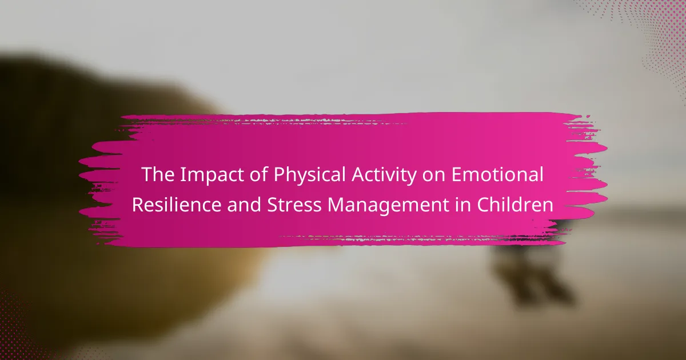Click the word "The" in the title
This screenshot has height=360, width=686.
(x=158, y=174)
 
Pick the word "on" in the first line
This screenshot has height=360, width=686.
(x=434, y=177)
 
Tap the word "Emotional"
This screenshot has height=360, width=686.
(x=497, y=174)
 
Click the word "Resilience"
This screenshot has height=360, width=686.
(x=177, y=205)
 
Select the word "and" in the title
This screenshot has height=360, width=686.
(x=244, y=205)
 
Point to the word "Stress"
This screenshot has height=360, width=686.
(x=294, y=205)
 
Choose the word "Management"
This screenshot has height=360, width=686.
(x=388, y=206)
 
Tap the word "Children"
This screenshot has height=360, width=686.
(x=515, y=205)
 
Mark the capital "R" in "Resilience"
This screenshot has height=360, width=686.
(x=138, y=205)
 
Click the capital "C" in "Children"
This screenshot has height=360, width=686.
(x=482, y=205)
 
